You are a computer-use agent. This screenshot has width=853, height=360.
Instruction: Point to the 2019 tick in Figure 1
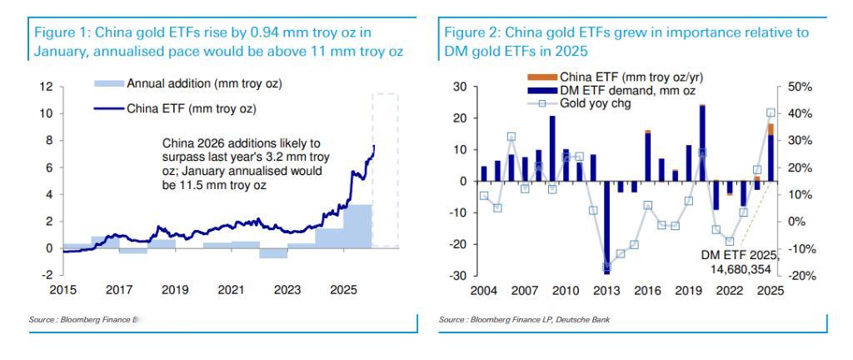pos(176,289)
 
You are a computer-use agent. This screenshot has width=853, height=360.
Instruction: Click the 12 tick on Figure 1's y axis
pos(47,87)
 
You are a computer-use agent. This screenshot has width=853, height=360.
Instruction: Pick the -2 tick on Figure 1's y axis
pos(47,275)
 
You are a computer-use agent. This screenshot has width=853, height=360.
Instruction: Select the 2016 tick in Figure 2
pos(647,289)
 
